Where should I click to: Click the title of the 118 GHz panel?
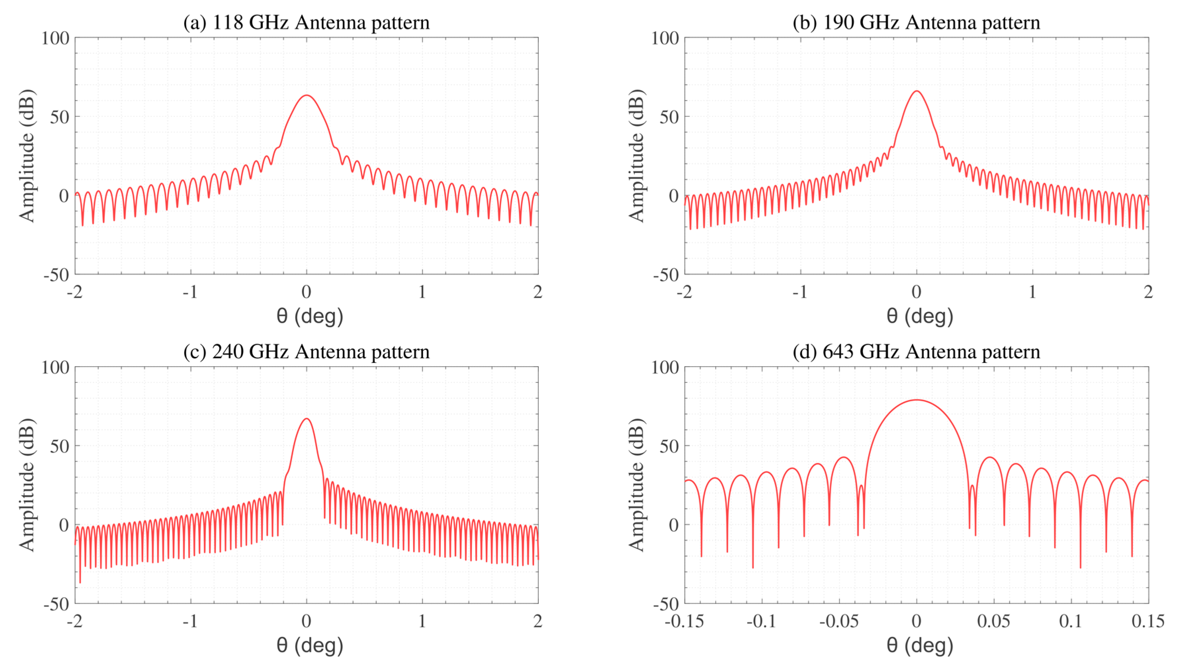[x=306, y=22]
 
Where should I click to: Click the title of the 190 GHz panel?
[x=916, y=22]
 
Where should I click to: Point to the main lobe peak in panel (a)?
[x=306, y=95]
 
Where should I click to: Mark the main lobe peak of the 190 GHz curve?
[x=916, y=91]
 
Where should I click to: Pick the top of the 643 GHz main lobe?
[x=916, y=400]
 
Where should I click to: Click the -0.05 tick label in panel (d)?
[x=839, y=621]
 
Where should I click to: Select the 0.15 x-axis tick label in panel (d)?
[x=1148, y=621]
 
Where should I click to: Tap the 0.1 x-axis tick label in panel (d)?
[x=1071, y=621]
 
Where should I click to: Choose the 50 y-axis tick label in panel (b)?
[x=669, y=117]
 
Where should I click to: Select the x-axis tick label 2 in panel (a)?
[x=537, y=292]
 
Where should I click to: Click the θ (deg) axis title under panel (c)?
[x=310, y=645]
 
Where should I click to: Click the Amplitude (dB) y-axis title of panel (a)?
[x=26, y=156]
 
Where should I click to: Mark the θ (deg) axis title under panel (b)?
[x=919, y=316]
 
